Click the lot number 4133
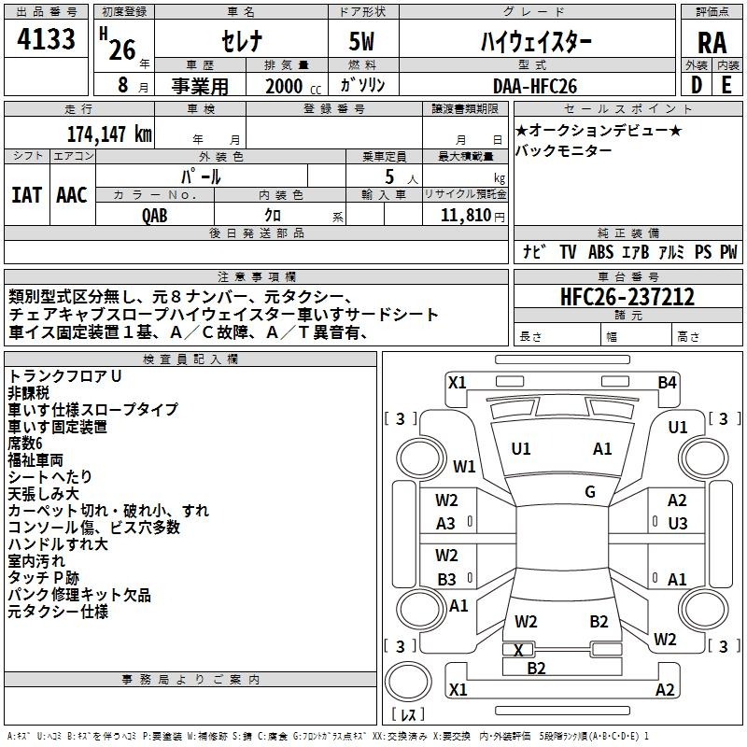tap(46, 38)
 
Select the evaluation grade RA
tap(712, 43)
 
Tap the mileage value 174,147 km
tap(109, 134)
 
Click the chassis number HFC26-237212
tap(627, 296)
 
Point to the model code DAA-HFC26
tap(535, 86)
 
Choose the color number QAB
tap(155, 216)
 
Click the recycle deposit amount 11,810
tap(466, 215)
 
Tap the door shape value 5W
tap(361, 41)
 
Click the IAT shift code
tap(27, 195)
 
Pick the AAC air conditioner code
tap(72, 195)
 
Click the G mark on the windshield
tap(590, 492)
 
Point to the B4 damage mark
tap(667, 383)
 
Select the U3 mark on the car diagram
tap(678, 524)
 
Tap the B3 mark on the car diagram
tap(446, 579)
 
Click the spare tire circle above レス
tap(408, 682)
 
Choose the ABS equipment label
tap(600, 251)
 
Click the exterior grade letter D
tap(697, 85)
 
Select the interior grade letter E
tap(726, 85)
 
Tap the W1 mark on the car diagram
tap(464, 466)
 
